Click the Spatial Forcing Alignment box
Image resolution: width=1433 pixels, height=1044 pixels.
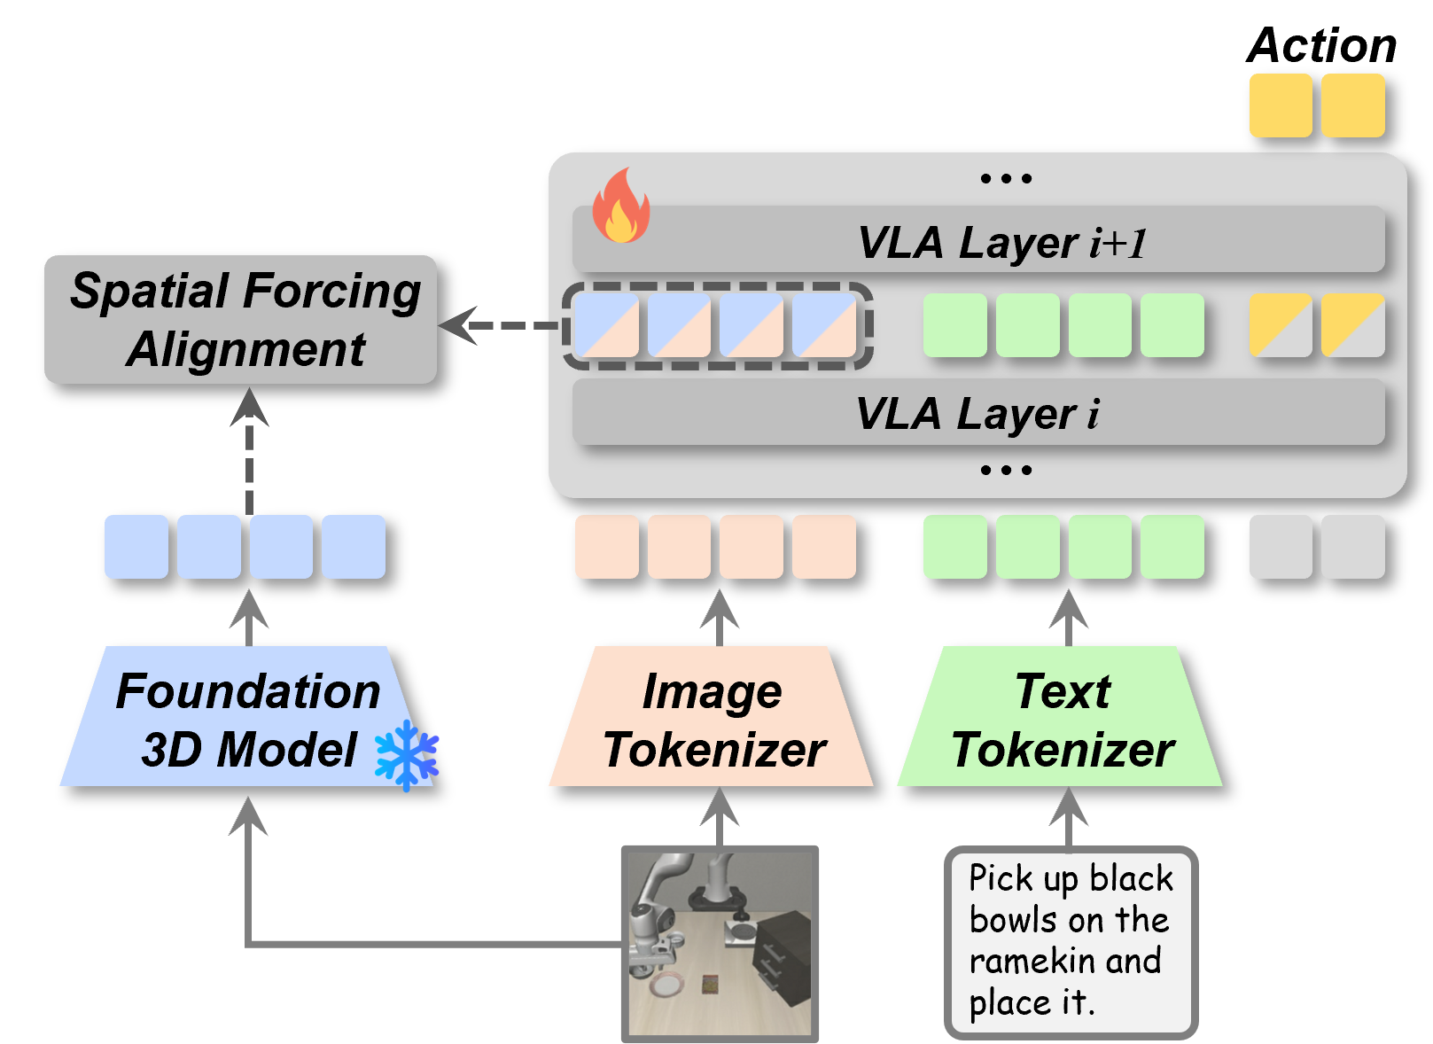point(240,319)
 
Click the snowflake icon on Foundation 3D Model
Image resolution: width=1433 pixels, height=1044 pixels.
point(407,755)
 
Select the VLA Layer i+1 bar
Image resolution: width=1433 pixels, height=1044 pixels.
point(978,240)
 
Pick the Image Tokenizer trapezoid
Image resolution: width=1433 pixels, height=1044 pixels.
point(713,717)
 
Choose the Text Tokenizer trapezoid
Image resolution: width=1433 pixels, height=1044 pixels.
point(1061,717)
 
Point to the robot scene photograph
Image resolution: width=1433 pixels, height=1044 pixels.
point(720,943)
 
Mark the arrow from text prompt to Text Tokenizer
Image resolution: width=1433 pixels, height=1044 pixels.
point(1069,815)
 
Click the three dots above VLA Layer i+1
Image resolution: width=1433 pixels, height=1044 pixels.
point(1006,178)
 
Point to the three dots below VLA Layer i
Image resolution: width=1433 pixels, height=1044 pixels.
point(1006,470)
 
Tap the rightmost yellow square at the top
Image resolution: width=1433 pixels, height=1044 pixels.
point(1352,105)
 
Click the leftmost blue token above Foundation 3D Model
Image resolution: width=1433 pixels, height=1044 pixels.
point(136,547)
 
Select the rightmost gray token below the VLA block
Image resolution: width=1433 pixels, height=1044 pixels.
point(1352,547)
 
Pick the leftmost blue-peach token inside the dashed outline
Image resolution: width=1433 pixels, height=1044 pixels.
point(607,325)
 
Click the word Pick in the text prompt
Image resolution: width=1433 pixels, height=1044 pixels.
point(1001,878)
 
